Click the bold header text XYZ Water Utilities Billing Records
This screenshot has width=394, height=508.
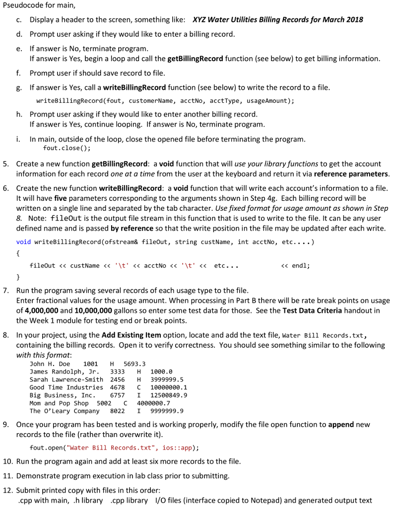coord(277,20)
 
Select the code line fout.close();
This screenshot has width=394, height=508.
coord(67,148)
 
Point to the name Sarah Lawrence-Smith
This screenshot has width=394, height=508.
coord(66,380)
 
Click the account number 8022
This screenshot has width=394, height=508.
coord(117,411)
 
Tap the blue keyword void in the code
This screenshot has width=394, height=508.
coord(23,242)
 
